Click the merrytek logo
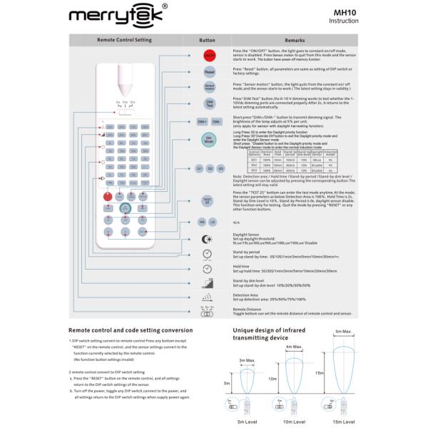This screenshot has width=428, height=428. (x=118, y=15)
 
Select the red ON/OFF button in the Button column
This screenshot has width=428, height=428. (x=209, y=54)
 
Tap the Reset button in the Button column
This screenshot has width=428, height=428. (x=209, y=71)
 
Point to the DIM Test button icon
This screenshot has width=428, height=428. (x=209, y=104)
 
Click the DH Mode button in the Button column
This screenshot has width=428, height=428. (x=209, y=141)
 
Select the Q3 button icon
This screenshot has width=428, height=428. (x=221, y=168)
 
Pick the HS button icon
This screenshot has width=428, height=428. (x=202, y=222)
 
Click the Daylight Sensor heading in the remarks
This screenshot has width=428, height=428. (x=247, y=234)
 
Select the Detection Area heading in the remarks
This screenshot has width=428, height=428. (x=246, y=294)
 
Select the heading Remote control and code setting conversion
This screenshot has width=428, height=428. (x=130, y=330)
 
